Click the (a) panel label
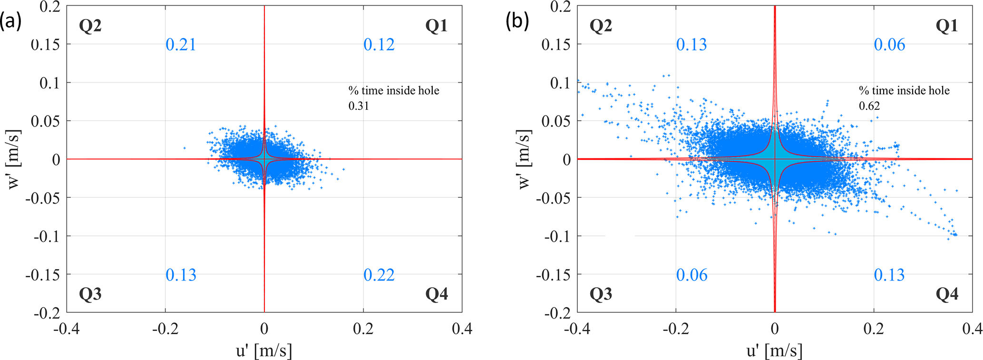pos(11,22)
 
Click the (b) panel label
pos(517,22)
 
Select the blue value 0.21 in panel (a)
pos(181,45)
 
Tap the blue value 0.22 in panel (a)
pos(379,275)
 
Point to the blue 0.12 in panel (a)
pos(379,45)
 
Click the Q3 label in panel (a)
pos(90,294)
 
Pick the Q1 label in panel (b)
pos(947,26)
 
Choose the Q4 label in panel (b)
pos(947,294)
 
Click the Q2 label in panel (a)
pos(90,26)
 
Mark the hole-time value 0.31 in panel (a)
pos(359,106)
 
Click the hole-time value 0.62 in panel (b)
pos(869,106)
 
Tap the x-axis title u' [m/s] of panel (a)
pos(264,350)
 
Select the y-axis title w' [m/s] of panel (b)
pos(525,159)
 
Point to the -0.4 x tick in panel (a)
pos(67,329)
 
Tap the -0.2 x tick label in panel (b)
pos(676,329)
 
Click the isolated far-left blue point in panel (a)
pos(185,148)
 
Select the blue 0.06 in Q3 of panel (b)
pos(692,275)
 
